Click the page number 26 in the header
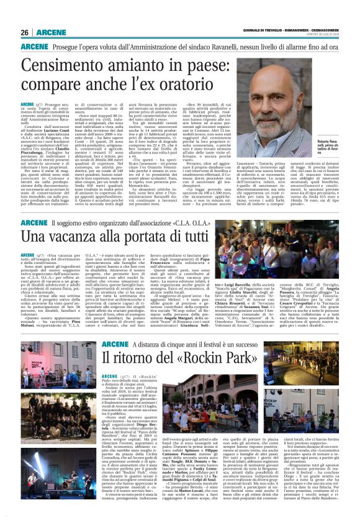(x=24, y=32)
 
